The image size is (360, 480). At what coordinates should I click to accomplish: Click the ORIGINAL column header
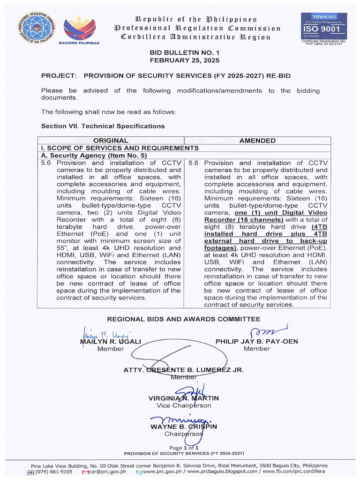111,141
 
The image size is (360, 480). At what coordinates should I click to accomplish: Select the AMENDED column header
257,141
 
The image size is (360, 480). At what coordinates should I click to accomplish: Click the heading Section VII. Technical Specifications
103,126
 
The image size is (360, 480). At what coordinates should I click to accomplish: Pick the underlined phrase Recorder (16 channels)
244,220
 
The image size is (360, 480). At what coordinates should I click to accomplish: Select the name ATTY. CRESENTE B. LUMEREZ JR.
183,370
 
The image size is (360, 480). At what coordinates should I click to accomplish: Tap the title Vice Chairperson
184,405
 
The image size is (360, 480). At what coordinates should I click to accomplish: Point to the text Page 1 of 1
184,448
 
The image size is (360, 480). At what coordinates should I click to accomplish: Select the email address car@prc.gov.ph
107,472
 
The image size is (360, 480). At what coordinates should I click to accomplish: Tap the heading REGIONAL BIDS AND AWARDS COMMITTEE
184,319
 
